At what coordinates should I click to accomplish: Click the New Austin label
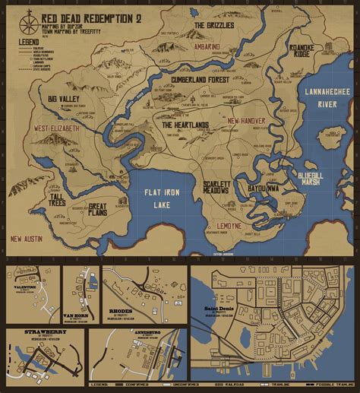tap(27, 239)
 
